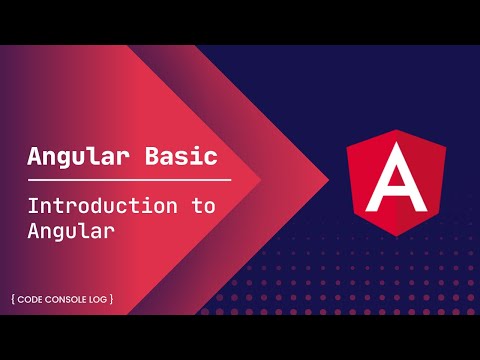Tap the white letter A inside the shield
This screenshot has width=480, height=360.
click(x=398, y=180)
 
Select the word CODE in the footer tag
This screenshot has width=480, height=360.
click(x=36, y=299)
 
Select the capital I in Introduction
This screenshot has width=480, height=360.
click(x=33, y=207)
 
